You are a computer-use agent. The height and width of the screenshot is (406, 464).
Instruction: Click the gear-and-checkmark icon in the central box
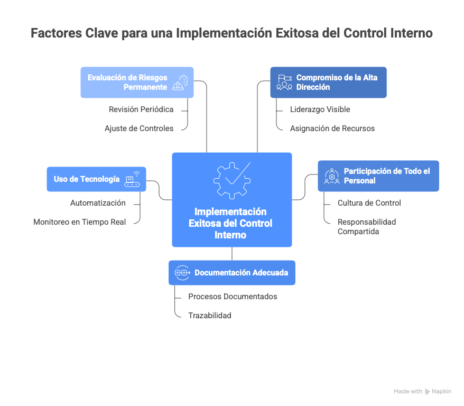click(232, 180)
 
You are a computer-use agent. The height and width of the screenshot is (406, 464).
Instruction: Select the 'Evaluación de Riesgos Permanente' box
click(137, 82)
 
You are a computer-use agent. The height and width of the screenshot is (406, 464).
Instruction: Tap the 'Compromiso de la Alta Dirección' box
click(329, 82)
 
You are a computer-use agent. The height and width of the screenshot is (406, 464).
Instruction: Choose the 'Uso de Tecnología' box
click(97, 179)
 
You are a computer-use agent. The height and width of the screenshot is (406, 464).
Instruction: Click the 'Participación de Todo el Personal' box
click(378, 176)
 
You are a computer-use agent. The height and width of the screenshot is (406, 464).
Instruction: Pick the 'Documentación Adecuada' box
click(232, 273)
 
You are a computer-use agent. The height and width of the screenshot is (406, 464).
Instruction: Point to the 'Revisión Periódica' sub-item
click(141, 109)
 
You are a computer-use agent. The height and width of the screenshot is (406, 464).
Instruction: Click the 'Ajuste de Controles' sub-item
click(139, 128)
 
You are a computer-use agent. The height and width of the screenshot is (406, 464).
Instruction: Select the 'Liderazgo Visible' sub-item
click(320, 109)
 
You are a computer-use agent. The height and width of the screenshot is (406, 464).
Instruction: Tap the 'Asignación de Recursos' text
click(332, 128)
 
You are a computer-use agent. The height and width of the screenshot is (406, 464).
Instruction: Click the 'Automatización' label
click(98, 203)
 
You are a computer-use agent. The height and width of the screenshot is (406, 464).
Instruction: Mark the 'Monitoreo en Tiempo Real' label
click(80, 222)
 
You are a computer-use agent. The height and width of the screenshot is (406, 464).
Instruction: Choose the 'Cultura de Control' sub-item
click(369, 203)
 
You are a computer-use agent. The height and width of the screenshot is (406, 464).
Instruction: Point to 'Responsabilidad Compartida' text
click(367, 227)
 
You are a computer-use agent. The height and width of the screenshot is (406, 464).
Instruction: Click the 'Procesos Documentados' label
click(233, 297)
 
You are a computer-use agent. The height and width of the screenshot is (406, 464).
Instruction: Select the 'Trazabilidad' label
click(210, 316)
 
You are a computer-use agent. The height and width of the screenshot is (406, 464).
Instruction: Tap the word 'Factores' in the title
click(56, 33)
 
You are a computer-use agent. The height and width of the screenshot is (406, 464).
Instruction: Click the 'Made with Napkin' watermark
click(422, 392)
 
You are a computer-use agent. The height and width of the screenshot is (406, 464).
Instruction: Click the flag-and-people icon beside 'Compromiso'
click(284, 82)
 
